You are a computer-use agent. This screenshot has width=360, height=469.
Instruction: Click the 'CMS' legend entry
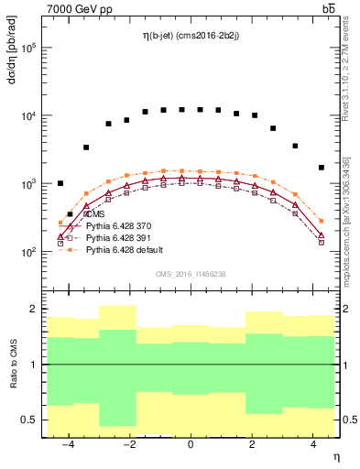94,213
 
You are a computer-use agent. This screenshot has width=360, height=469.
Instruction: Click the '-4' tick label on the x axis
66,444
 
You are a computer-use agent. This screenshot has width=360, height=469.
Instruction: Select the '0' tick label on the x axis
190,444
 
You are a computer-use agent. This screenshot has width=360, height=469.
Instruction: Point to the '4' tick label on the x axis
314,444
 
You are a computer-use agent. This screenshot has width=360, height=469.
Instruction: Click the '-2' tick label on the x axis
127,444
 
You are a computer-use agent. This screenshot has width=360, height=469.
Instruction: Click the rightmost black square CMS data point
321,168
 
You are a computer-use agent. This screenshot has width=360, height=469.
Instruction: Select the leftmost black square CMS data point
60,183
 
